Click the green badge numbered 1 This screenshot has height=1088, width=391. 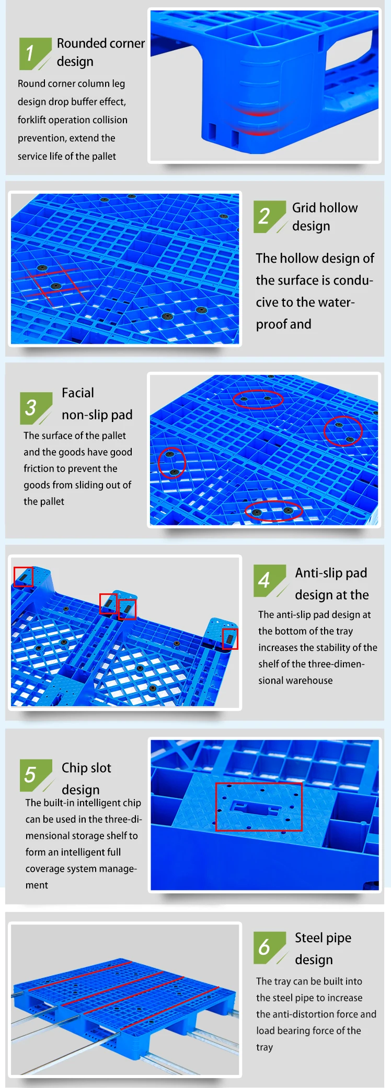pos(35,53)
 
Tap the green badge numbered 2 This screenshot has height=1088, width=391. pos(270,216)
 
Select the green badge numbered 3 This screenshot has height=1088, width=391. pos(36,408)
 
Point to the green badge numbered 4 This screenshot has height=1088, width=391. pos(270,580)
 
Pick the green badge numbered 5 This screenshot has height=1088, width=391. pos(36,775)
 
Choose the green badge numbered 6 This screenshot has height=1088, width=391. pos(270,947)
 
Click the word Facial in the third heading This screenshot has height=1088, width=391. pos(78,393)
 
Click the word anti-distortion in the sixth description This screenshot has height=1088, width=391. pos(316,1014)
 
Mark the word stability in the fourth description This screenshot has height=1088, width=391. pos(330,648)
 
